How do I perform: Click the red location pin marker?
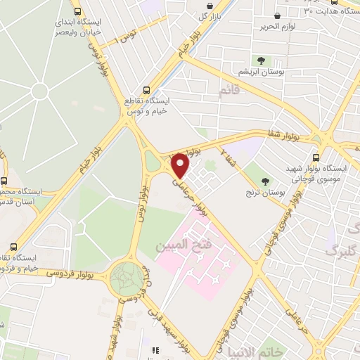pos(181,165)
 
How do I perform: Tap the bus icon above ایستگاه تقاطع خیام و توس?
pos(146,90)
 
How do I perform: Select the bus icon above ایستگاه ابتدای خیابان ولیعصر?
pos(77,11)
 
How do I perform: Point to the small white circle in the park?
pos(40,91)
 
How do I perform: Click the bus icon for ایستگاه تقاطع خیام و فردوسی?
pos(14,247)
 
